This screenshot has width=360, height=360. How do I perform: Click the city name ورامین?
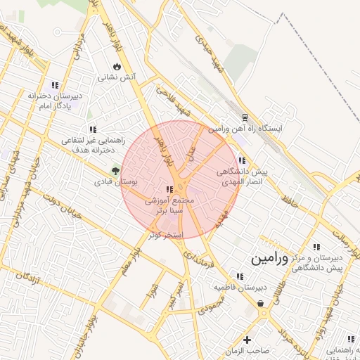pyautogui.click(x=269, y=258)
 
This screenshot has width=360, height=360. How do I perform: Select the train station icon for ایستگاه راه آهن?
pyautogui.click(x=244, y=117)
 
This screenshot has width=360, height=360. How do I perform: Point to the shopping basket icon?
pyautogui.click(x=262, y=304)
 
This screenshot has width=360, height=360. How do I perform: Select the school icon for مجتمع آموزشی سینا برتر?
pyautogui.click(x=169, y=190)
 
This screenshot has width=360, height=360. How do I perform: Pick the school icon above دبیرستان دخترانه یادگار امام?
pyautogui.click(x=56, y=84)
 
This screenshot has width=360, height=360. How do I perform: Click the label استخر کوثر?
pyautogui.click(x=166, y=234)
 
